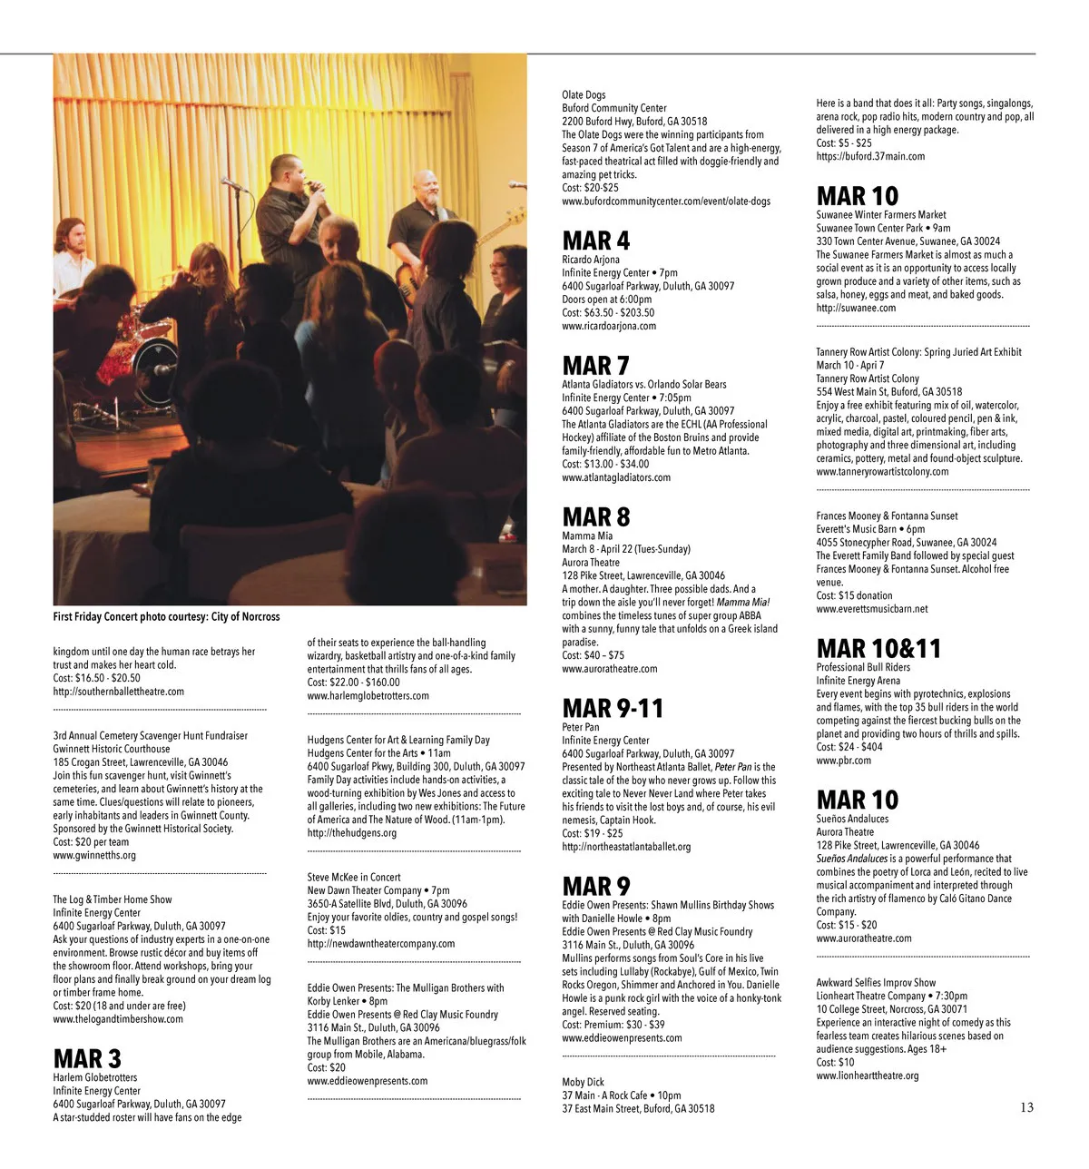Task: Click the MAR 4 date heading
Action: (x=595, y=241)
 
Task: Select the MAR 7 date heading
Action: (x=595, y=365)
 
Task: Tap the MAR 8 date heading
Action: (x=595, y=516)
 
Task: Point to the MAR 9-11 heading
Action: (x=613, y=708)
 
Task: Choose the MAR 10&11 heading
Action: (x=878, y=648)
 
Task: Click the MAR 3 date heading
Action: (x=86, y=1058)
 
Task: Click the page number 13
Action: (x=1026, y=1107)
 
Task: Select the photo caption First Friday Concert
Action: (x=166, y=617)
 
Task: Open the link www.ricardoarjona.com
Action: (x=608, y=326)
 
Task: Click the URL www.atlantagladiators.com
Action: (x=615, y=477)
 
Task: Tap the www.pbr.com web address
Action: (x=843, y=761)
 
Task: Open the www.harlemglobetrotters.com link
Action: (x=368, y=696)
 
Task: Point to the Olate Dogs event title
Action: (x=584, y=94)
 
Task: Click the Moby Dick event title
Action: (x=583, y=1082)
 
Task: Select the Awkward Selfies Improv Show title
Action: (x=875, y=982)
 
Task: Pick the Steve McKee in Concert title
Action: (x=353, y=878)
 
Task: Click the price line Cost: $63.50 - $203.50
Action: (x=607, y=312)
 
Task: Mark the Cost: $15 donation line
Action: (x=853, y=595)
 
